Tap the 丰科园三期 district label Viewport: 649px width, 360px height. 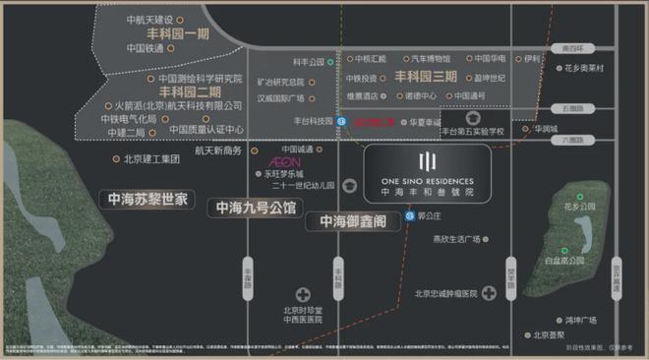426,76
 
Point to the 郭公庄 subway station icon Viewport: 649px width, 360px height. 409,215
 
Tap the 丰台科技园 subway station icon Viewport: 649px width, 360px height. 340,122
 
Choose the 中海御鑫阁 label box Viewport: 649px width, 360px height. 352,222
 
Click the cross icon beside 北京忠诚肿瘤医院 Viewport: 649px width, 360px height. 488,293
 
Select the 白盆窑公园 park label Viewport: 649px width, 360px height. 564,261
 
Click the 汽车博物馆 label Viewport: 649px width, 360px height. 431,58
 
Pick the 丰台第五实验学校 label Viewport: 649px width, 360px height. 472,131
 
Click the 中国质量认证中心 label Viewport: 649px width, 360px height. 206,129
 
